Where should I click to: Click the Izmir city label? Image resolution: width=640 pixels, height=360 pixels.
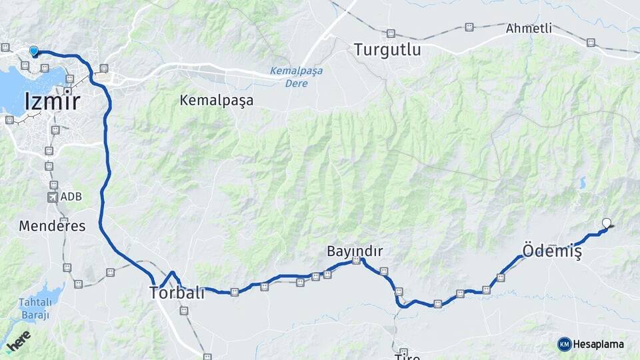coord(52,102)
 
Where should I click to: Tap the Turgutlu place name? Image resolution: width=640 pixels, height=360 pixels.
coord(387,49)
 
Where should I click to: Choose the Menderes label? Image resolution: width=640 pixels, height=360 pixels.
coord(52,226)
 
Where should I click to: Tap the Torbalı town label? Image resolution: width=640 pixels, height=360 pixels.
coord(177,293)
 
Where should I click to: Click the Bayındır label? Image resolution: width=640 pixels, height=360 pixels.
coord(355,251)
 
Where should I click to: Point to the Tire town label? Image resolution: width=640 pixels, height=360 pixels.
coord(407,357)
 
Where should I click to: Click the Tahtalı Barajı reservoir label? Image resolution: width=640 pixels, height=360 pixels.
coord(34,309)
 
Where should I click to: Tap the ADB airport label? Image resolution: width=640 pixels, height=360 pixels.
coord(71,197)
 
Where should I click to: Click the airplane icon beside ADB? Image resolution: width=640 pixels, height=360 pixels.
coord(53,197)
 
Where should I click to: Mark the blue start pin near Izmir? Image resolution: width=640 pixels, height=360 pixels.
coord(34,51)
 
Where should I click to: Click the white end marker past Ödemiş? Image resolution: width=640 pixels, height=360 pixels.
coord(607,223)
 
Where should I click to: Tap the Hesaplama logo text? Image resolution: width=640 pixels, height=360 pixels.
coord(599,344)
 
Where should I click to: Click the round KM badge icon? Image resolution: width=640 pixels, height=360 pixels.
coord(564,344)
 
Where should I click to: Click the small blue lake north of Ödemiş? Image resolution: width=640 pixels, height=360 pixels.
coord(583,182)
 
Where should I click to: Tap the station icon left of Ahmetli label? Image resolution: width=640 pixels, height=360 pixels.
coord(469,27)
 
